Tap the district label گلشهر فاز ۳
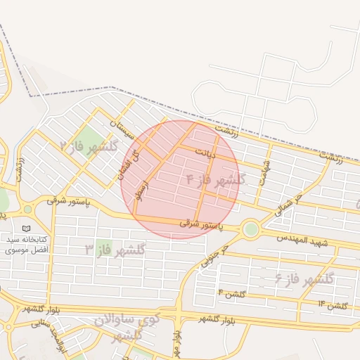pos(115,250)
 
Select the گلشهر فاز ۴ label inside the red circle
pos(215,179)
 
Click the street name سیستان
pos(121,129)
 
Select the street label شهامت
pos(263,174)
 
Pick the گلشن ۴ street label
pos(231,293)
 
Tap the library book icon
pos(27,229)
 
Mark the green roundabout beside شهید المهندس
pos(250,229)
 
